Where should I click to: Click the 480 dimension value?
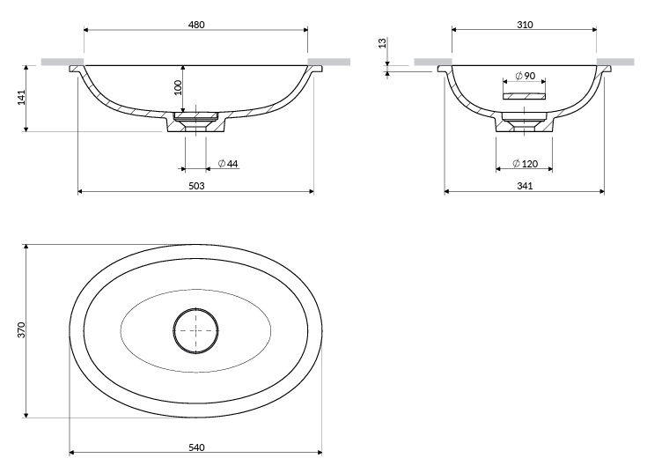(x=196, y=25)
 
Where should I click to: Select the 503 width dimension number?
(x=196, y=186)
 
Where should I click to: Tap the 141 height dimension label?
(x=21, y=97)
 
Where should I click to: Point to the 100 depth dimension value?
(x=178, y=87)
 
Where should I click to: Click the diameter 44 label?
(x=228, y=164)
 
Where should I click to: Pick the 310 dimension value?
(x=525, y=25)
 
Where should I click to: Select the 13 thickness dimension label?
(x=383, y=42)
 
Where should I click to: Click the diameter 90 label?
(x=526, y=76)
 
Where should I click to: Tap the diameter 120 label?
(x=526, y=164)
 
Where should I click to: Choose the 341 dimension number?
(x=525, y=186)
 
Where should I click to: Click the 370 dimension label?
(x=21, y=330)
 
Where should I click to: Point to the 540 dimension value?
(x=196, y=447)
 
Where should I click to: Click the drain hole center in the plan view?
(x=195, y=330)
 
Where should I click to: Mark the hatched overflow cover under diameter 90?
(x=524, y=96)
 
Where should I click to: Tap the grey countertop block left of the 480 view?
(x=62, y=62)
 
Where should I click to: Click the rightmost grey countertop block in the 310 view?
(x=615, y=62)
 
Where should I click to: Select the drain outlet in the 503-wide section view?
(x=195, y=122)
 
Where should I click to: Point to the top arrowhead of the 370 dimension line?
(x=26, y=247)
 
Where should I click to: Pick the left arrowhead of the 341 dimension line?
(x=447, y=191)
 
